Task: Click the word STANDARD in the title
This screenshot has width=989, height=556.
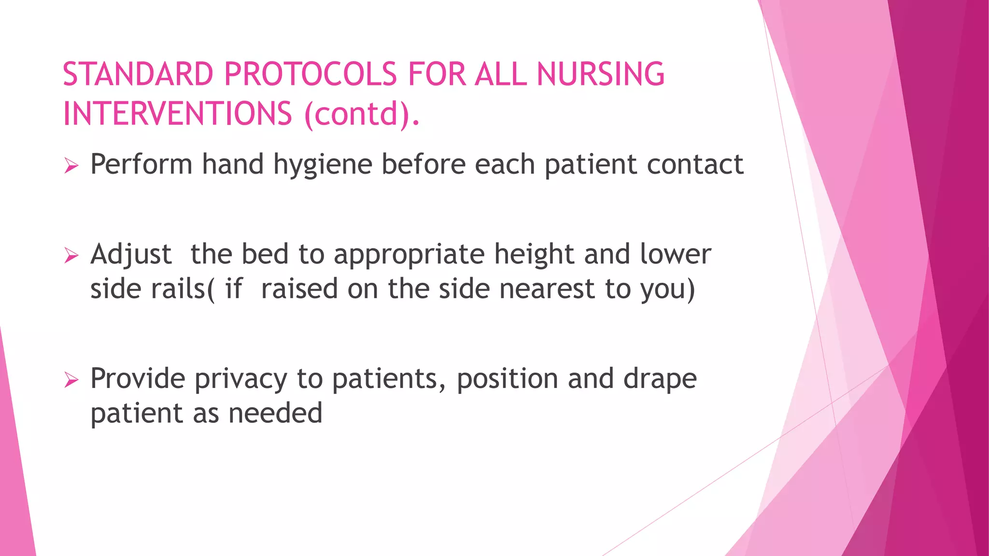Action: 138,74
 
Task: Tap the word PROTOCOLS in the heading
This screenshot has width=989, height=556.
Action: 311,74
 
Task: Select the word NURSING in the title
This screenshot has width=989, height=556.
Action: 600,74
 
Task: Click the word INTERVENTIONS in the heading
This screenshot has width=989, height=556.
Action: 178,114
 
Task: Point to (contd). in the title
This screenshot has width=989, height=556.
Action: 362,114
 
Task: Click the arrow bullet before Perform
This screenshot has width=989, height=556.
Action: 71,167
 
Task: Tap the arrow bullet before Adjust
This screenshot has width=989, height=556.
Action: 71,256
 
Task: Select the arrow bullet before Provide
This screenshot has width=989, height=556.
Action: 71,380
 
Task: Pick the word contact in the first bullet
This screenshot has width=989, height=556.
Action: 695,164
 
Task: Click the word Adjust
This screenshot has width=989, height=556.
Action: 131,255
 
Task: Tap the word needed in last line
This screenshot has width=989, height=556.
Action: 275,414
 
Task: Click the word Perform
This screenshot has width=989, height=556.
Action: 141,164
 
